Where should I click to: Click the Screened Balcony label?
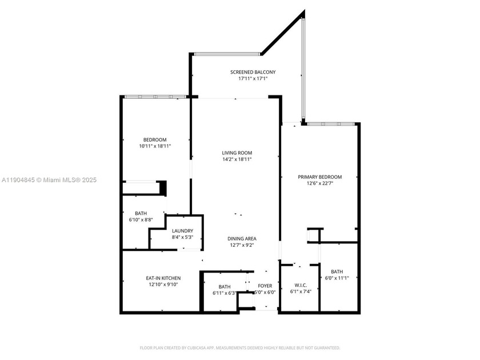(253, 72)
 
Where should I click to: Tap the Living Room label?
(237, 153)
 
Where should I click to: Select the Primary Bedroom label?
(319, 177)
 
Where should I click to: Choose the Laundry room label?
(182, 231)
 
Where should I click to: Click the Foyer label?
(265, 285)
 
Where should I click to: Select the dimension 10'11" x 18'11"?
(155, 146)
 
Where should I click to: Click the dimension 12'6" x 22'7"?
(319, 183)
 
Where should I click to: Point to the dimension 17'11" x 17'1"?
(253, 78)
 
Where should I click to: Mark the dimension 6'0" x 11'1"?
(337, 278)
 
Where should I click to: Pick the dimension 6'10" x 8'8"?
(141, 219)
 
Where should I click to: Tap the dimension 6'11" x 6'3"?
(224, 293)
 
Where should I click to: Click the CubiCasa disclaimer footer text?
(240, 347)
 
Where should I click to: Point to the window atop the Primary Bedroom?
(331, 123)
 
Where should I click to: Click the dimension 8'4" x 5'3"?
(182, 237)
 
